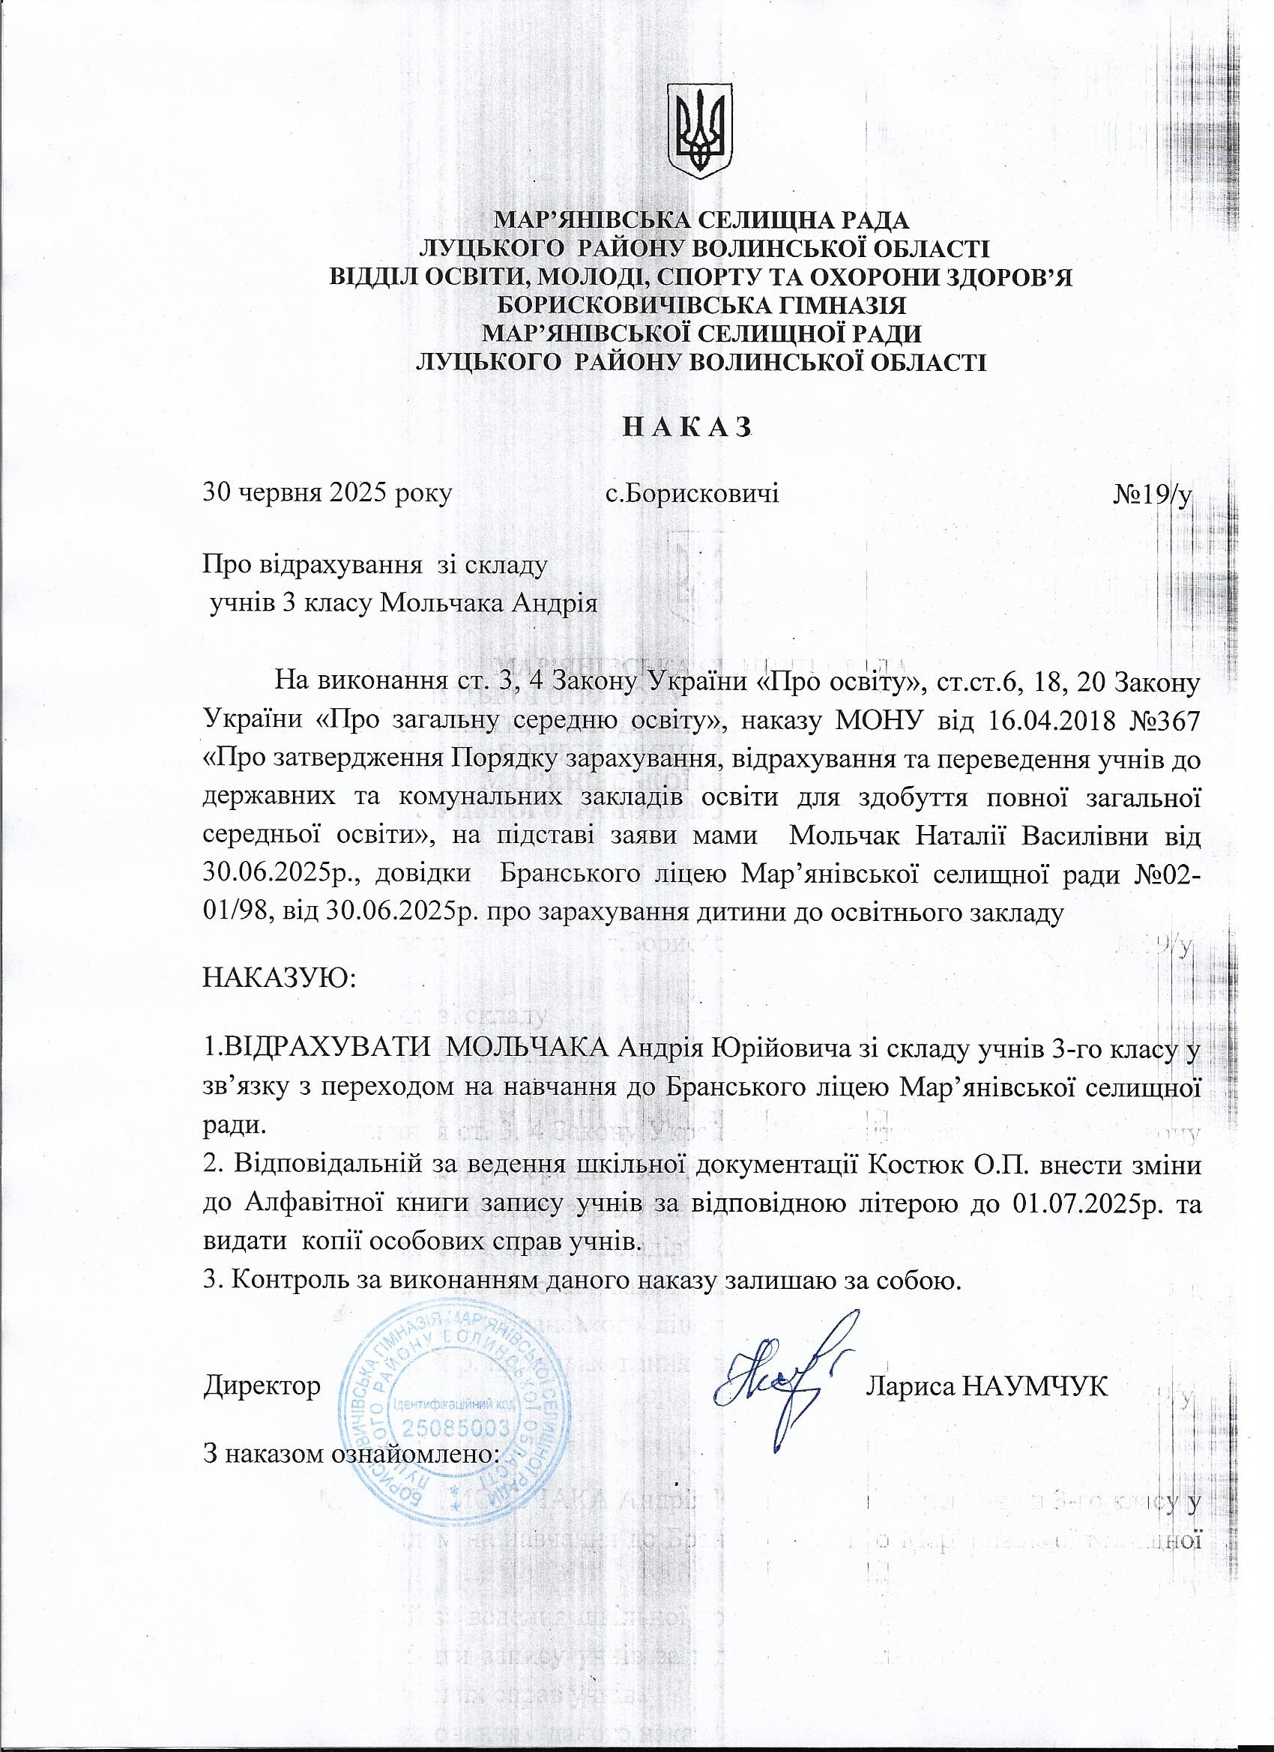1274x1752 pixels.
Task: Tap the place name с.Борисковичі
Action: tap(692, 492)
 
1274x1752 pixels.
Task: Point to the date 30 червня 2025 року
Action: tap(326, 492)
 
